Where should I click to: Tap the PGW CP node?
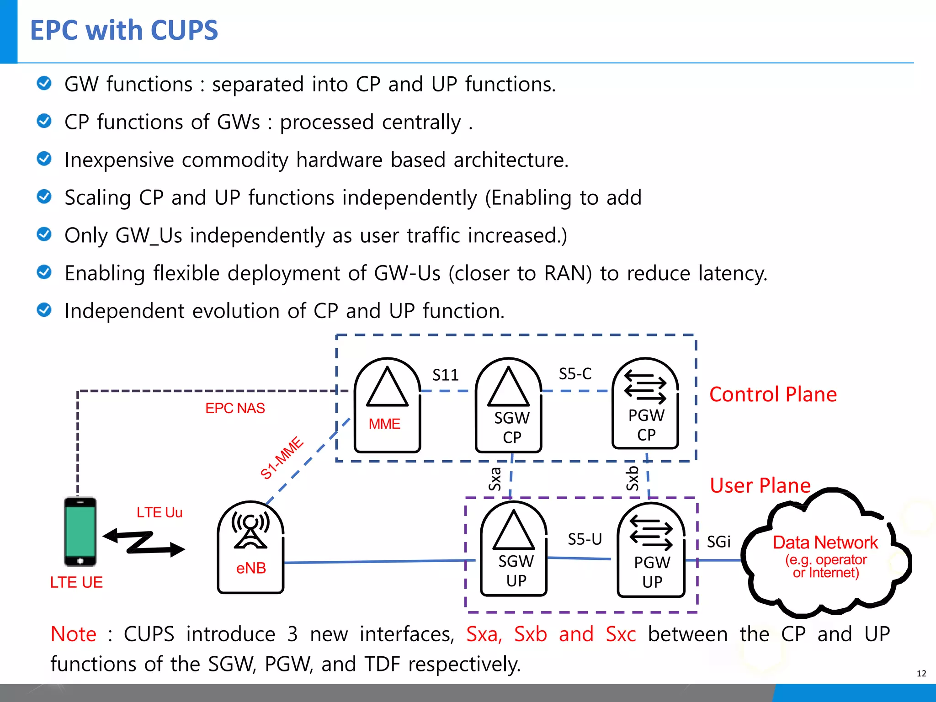(x=645, y=403)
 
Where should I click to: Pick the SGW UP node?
(x=514, y=548)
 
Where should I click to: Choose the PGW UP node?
(x=651, y=549)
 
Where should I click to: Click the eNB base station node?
(x=250, y=547)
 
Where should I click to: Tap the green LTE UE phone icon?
(x=80, y=532)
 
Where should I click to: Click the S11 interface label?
(x=445, y=375)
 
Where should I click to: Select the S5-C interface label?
(x=575, y=374)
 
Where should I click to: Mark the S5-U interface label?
(x=585, y=539)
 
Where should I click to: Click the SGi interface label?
(x=718, y=542)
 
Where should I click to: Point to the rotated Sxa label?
(x=495, y=479)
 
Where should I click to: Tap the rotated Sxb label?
(x=632, y=478)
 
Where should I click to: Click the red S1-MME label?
(x=282, y=457)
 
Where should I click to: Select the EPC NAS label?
(x=235, y=408)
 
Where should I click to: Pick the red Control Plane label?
(x=773, y=394)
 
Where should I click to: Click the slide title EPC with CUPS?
(x=124, y=30)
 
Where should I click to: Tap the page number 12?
(x=921, y=674)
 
